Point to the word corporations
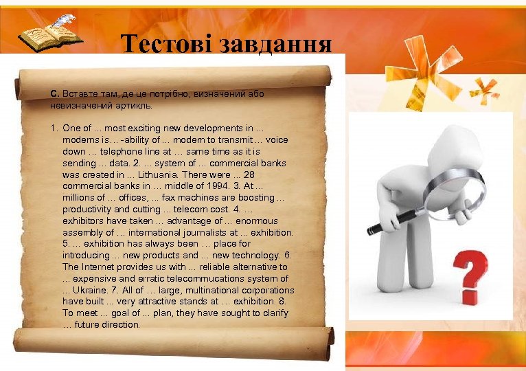pyautogui.click(x=262, y=290)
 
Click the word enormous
pyautogui.click(x=255, y=221)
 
